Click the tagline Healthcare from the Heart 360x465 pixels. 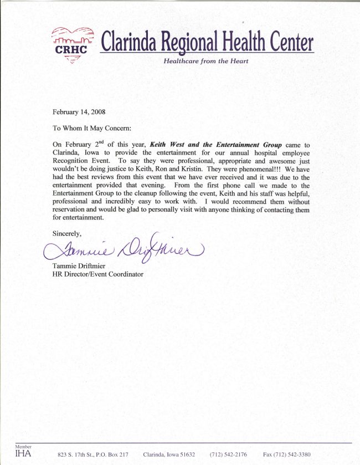(x=205, y=61)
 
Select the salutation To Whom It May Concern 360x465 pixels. (x=92, y=128)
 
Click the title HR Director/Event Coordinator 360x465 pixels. (x=97, y=274)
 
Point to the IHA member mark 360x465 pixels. (x=23, y=452)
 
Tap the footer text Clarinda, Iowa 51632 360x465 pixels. (x=169, y=454)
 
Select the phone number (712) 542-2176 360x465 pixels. (x=228, y=454)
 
